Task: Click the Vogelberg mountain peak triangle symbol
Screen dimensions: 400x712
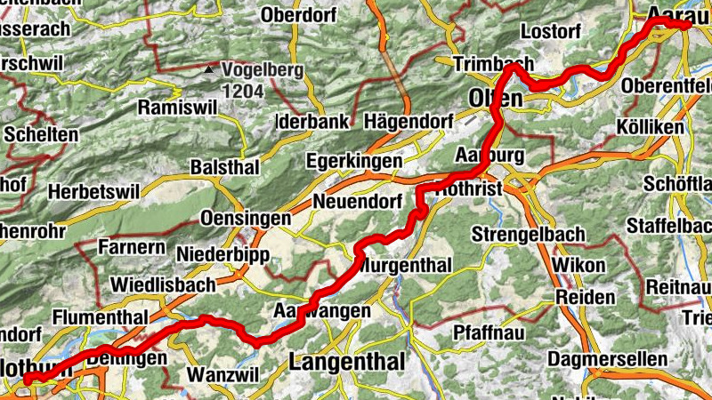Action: point(208,68)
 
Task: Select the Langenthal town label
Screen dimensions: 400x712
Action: point(346,362)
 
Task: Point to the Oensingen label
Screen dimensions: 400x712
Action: point(246,219)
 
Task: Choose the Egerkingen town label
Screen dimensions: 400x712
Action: point(354,162)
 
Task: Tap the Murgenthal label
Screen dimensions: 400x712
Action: point(409,266)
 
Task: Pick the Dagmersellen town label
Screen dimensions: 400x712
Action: point(608,359)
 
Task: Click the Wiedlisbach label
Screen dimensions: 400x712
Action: point(163,285)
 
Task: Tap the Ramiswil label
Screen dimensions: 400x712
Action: point(175,108)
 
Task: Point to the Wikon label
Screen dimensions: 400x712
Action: point(578,266)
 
